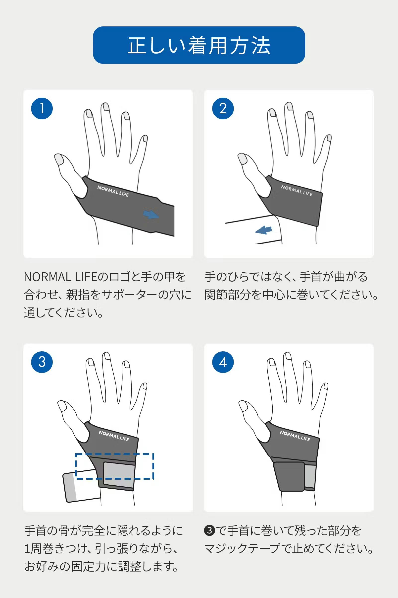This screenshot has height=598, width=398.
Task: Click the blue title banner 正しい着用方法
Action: pyautogui.click(x=199, y=45)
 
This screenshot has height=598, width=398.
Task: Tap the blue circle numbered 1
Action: pyautogui.click(x=42, y=109)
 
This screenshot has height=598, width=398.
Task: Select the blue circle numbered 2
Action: pyautogui.click(x=223, y=109)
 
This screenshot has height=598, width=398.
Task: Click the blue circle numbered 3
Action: pyautogui.click(x=42, y=362)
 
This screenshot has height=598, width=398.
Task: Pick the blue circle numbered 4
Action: pyautogui.click(x=223, y=362)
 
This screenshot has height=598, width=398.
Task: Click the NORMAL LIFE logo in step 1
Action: pyautogui.click(x=113, y=191)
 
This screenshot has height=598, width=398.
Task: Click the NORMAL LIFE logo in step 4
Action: pyautogui.click(x=295, y=436)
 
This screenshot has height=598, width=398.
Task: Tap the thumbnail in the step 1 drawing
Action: pyautogui.click(x=59, y=159)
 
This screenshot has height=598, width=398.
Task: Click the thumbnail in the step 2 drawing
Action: pyautogui.click(x=242, y=159)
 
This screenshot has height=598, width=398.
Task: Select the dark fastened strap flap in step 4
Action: pyautogui.click(x=289, y=477)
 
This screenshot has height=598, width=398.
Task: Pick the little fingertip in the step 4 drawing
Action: pyautogui.click(x=325, y=387)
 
